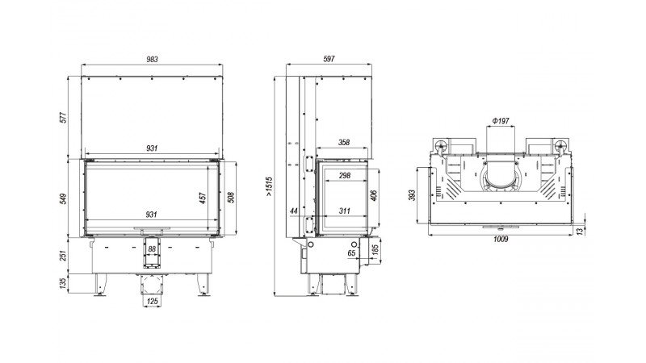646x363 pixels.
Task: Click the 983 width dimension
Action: pyautogui.click(x=152, y=59)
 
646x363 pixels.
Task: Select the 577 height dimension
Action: pyautogui.click(x=63, y=117)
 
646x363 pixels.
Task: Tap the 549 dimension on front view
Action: pyautogui.click(x=63, y=198)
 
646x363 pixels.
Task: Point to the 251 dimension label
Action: pyautogui.click(x=63, y=255)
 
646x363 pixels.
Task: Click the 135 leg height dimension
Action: pyautogui.click(x=63, y=283)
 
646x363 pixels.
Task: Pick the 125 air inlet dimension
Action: pyautogui.click(x=153, y=301)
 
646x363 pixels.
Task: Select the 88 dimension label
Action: pyautogui.click(x=152, y=248)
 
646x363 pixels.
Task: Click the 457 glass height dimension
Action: pyautogui.click(x=203, y=198)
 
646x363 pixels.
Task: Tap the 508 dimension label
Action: pyautogui.click(x=231, y=198)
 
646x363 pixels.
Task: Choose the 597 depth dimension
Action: pyautogui.click(x=329, y=59)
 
